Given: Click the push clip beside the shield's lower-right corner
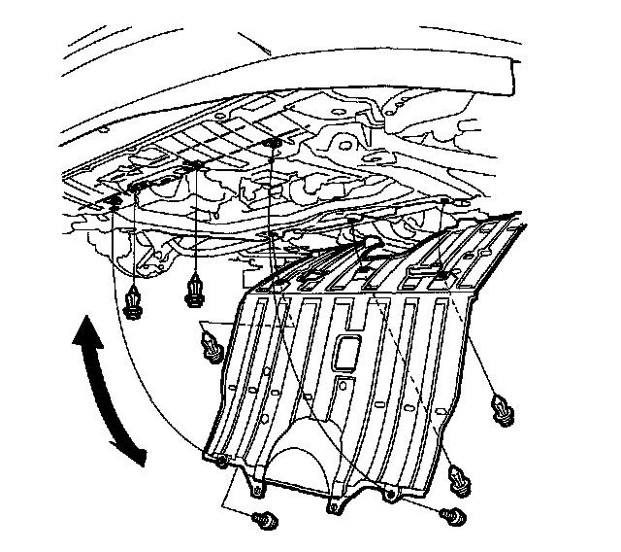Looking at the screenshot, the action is (460, 479).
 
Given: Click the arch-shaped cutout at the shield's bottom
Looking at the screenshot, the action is (308, 457).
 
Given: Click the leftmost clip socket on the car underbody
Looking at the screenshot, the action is (114, 200).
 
